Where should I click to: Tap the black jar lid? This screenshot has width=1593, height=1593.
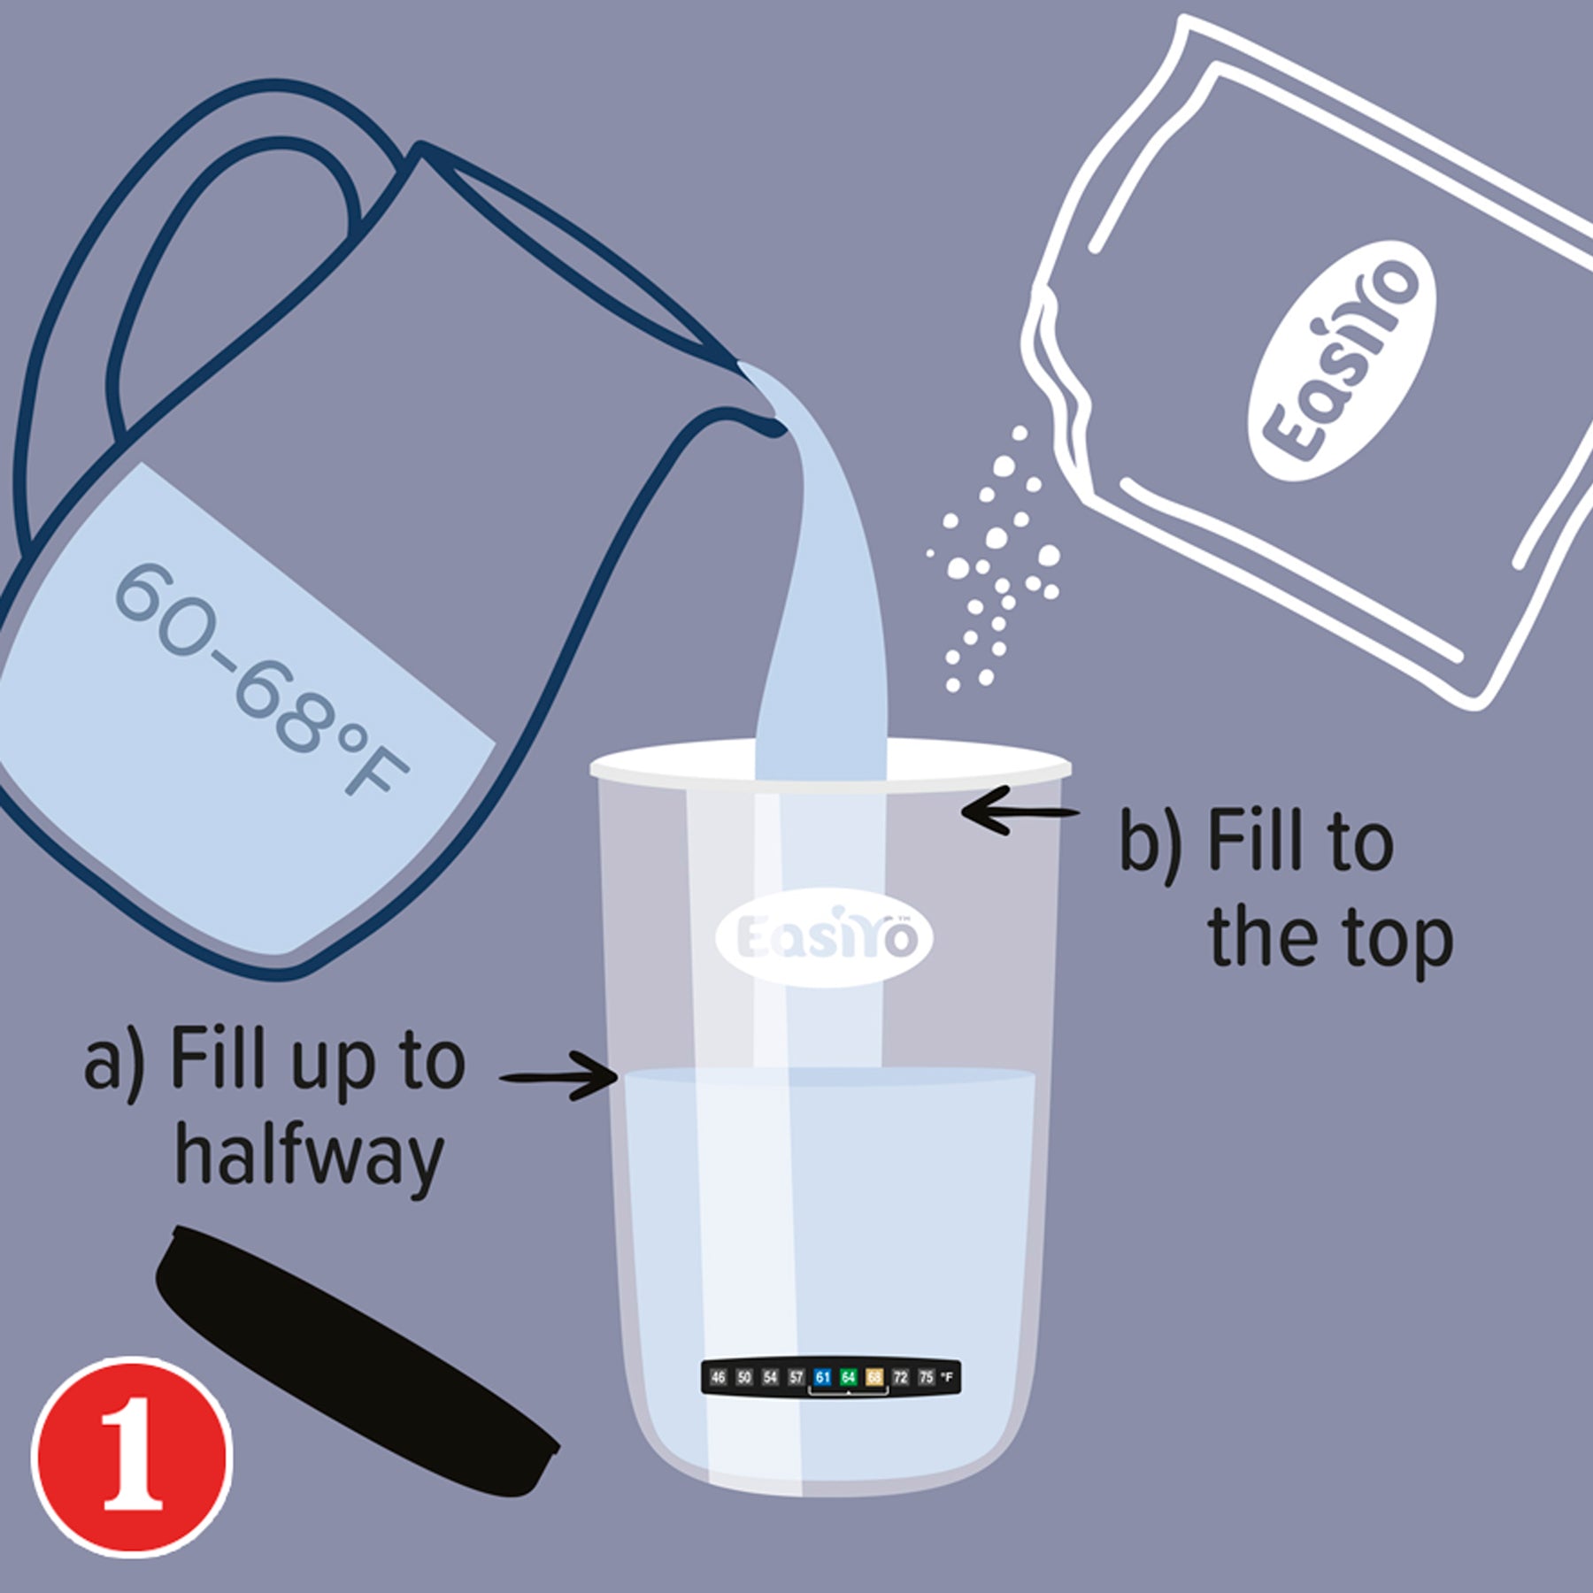pyautogui.click(x=354, y=1363)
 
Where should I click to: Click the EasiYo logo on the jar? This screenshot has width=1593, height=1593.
pyautogui.click(x=823, y=937)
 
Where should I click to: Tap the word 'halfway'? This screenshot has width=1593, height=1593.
pyautogui.click(x=309, y=1156)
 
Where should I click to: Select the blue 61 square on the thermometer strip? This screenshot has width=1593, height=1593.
pyautogui.click(x=822, y=1377)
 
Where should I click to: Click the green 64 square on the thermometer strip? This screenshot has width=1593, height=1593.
pyautogui.click(x=848, y=1377)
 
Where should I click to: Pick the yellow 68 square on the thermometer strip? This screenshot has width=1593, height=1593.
pyautogui.click(x=874, y=1377)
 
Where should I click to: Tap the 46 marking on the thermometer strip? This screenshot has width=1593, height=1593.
pyautogui.click(x=718, y=1377)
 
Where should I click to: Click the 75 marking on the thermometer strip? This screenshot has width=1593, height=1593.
pyautogui.click(x=926, y=1377)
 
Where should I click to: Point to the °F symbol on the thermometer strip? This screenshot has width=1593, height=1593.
pyautogui.click(x=947, y=1377)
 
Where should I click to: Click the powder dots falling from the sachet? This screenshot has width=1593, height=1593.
pyautogui.click(x=996, y=566)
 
